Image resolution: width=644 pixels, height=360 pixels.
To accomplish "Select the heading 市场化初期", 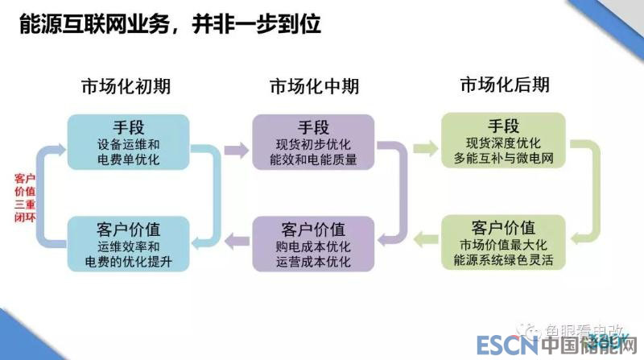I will [126, 86].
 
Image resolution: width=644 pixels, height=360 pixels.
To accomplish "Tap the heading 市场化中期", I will [314, 86].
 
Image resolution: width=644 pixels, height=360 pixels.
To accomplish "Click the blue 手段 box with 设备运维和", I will [128, 142].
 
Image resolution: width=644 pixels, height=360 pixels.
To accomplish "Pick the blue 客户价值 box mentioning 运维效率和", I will [128, 244].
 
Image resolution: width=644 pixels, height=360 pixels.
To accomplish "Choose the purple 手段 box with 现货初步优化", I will [314, 142].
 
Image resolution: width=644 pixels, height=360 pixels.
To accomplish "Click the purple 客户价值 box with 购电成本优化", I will [314, 244].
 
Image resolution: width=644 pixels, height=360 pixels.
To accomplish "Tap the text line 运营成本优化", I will [314, 262].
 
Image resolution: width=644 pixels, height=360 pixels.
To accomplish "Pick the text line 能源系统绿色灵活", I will [504, 261].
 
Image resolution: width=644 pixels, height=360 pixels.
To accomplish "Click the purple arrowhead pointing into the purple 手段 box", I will [239, 147].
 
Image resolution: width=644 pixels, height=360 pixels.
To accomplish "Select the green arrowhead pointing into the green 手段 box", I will [425, 147].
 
